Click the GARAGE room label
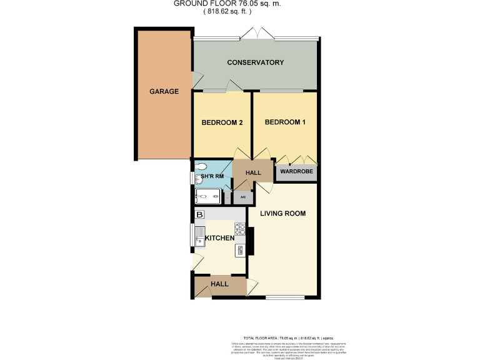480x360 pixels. coord(164,91)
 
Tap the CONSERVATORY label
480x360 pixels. coord(256,62)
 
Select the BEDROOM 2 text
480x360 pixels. coord(221,122)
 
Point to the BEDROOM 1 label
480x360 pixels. coord(285,122)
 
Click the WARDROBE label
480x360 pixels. coord(296,171)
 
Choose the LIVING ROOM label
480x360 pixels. coord(283,213)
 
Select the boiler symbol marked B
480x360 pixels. coord(200,215)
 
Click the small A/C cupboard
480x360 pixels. coord(243,197)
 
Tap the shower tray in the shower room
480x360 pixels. coord(207,197)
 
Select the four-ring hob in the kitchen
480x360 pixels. coord(239,228)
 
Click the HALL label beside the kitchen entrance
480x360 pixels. coord(219,284)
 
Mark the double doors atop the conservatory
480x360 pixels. coord(255,32)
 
